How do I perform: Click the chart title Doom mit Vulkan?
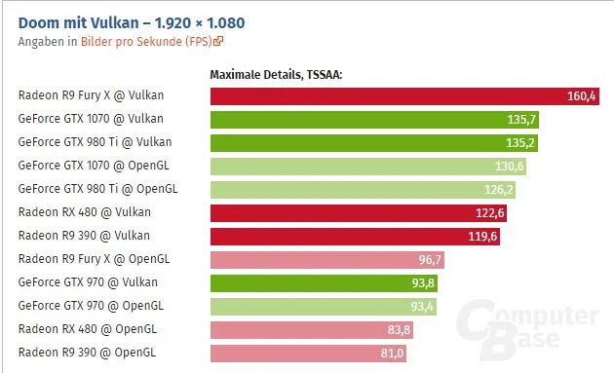tap(78, 23)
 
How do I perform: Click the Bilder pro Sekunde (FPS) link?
tap(146, 42)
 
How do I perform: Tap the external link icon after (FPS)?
tap(218, 41)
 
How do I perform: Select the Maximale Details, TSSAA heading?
tap(276, 74)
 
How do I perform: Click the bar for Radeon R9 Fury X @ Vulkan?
tap(404, 96)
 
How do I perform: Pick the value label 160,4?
tap(581, 96)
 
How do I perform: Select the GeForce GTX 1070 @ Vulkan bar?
tap(374, 120)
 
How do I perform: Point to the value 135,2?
tap(520, 143)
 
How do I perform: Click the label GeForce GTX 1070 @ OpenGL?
tap(94, 166)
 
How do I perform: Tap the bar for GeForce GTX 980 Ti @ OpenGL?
tap(363, 190)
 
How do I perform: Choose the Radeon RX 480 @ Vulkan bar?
tap(359, 213)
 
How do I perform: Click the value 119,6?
tap(482, 237)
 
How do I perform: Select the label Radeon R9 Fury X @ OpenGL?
tap(94, 259)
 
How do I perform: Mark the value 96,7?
tap(430, 260)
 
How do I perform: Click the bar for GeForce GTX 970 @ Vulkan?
tap(324, 283)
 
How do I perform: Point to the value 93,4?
tap(422, 307)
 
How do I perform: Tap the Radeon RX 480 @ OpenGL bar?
tap(312, 330)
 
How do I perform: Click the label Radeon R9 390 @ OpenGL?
tap(87, 353)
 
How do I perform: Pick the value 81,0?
tap(392, 354)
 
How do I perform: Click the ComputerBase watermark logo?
tap(526, 329)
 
